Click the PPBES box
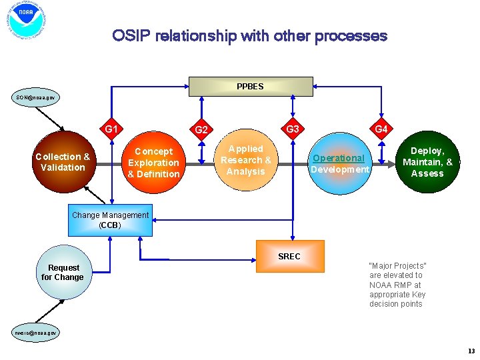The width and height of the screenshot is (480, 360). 251,87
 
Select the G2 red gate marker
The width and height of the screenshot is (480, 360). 201,129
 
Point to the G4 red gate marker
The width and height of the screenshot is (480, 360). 381,129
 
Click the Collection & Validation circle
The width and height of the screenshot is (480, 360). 63,162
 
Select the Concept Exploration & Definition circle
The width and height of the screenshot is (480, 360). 153,163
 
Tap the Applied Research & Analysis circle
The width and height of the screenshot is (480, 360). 245,160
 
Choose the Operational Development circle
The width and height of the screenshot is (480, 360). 339,164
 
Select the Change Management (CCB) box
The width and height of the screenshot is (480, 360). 110,220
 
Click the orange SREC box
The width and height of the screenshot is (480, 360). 290,256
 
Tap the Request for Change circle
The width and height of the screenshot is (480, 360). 63,272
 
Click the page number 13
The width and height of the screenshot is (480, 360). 471,351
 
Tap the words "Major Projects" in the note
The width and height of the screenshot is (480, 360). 397,265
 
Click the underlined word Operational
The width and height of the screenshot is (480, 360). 339,158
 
